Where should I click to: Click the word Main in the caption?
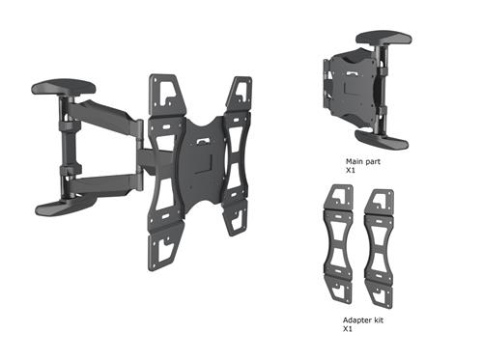pos(355,162)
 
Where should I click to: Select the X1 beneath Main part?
pos(351,171)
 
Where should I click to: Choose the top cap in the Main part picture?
pos(384,40)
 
